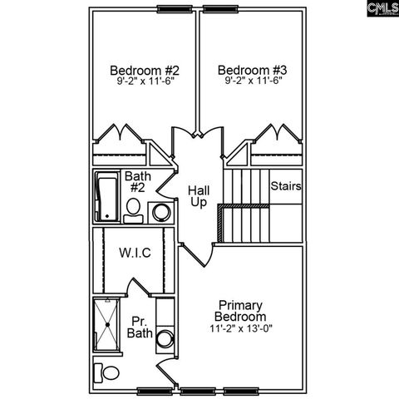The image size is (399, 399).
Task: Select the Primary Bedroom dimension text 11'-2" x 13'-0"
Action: pyautogui.click(x=242, y=328)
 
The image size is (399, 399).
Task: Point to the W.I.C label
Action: pyautogui.click(x=135, y=253)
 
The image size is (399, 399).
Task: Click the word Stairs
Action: pyautogui.click(x=285, y=186)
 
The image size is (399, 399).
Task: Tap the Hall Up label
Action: pyautogui.click(x=198, y=196)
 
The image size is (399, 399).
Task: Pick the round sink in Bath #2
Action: pyautogui.click(x=160, y=212)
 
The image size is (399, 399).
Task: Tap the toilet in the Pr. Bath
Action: pyautogui.click(x=104, y=371)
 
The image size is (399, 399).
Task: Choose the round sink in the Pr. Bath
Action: pyautogui.click(x=165, y=339)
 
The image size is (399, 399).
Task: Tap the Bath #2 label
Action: pyautogui.click(x=136, y=182)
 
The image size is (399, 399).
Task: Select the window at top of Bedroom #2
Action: pyautogui.click(x=173, y=8)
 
